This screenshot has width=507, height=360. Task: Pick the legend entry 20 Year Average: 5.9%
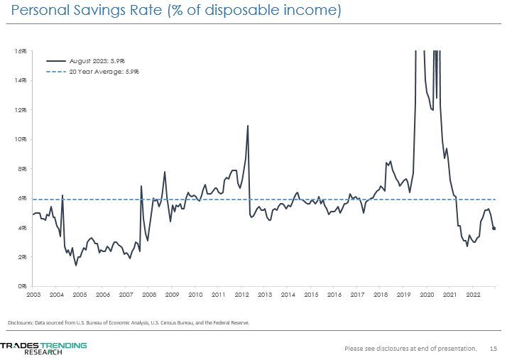pyautogui.click(x=103, y=72)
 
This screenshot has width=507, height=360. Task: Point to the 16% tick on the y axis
pyautogui.click(x=22, y=51)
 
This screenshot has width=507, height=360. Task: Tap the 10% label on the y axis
pyautogui.click(x=22, y=139)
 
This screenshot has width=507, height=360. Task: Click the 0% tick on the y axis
pyautogui.click(x=23, y=285)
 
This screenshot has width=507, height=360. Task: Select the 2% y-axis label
pyautogui.click(x=23, y=256)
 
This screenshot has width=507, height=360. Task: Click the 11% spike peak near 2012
pyautogui.click(x=247, y=126)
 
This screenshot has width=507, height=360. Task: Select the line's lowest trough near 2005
pyautogui.click(x=76, y=265)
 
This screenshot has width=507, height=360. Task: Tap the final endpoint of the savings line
pyautogui.click(x=494, y=229)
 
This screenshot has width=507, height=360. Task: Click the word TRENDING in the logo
pyautogui.click(x=63, y=345)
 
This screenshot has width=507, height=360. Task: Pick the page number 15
pyautogui.click(x=494, y=349)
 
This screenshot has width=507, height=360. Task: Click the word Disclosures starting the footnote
pyautogui.click(x=22, y=322)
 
